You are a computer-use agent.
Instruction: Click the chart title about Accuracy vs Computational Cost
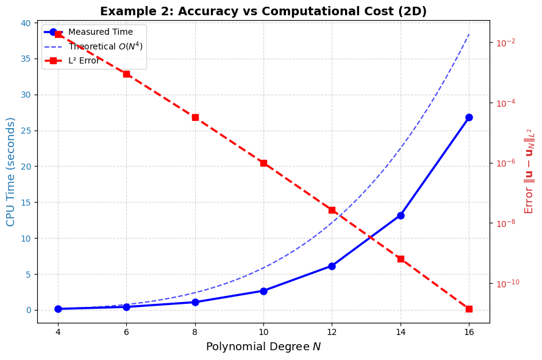point(263,12)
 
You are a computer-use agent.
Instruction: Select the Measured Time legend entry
point(100,32)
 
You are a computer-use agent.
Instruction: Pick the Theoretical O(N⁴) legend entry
point(105,46)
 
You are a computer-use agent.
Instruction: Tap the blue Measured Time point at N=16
point(469,117)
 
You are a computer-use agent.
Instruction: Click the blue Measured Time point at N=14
point(401,215)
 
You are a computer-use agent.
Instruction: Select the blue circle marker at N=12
point(332,266)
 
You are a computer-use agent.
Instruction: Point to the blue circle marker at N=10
point(263,291)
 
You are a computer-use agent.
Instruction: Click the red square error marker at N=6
point(126,74)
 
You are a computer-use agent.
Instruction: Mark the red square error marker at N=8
point(195,117)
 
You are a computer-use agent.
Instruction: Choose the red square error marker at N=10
point(263,163)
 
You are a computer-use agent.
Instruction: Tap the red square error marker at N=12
point(332,210)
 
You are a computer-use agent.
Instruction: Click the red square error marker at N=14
point(401,259)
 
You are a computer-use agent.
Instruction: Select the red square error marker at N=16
point(469,309)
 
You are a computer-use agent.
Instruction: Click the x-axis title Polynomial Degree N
point(263,347)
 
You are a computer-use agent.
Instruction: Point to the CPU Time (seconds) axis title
point(11,171)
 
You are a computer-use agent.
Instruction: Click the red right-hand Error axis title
point(529,171)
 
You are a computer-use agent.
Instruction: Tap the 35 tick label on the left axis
point(25,59)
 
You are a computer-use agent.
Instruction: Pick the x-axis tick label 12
point(332,331)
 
